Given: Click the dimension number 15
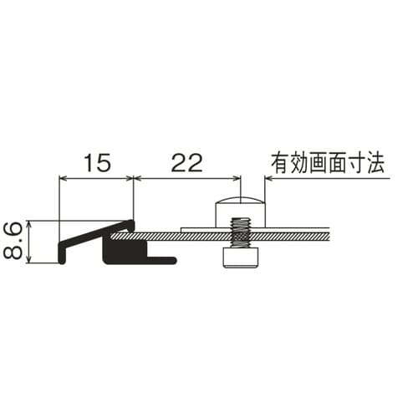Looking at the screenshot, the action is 97,163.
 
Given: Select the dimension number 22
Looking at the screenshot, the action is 186,163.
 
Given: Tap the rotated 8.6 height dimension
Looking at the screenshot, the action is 13,240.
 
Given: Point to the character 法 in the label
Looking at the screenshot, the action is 375,163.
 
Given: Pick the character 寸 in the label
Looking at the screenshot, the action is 356,163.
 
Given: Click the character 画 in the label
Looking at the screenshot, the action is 319,163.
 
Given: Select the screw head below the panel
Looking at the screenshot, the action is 240,258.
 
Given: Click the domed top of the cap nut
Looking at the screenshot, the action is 240,200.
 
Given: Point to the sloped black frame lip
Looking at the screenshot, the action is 97,233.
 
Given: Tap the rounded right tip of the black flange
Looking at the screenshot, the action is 175,261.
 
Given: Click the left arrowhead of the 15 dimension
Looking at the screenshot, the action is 63,178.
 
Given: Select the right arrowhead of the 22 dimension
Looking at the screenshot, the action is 237,178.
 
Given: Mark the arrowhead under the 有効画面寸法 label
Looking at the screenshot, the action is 269,178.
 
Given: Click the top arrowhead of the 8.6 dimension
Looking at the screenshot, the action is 29,223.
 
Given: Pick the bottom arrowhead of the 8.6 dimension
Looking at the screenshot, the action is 29,260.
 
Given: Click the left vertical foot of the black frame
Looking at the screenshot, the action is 62,253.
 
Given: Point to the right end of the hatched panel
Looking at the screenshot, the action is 329,236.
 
